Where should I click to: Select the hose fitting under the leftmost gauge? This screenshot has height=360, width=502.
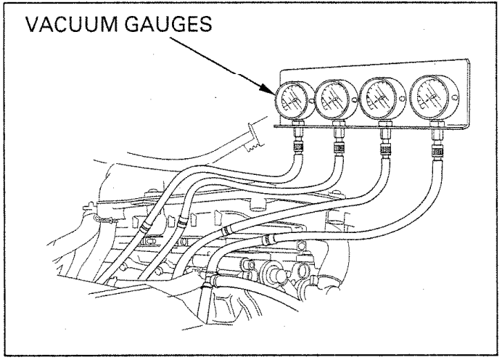[x=297, y=142]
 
